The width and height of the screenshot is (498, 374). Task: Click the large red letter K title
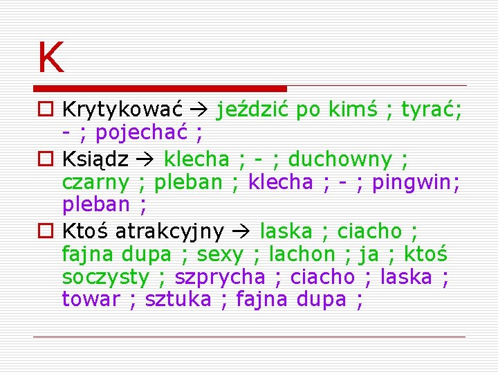(51, 57)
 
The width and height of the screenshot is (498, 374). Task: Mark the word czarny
(95, 182)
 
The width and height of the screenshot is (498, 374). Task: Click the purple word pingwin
(422, 182)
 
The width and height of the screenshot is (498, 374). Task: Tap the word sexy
(220, 254)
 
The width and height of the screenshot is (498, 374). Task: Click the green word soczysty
(105, 277)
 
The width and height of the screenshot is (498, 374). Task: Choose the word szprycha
(219, 277)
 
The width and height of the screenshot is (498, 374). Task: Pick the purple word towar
(91, 299)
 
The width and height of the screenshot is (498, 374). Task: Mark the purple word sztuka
(178, 299)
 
